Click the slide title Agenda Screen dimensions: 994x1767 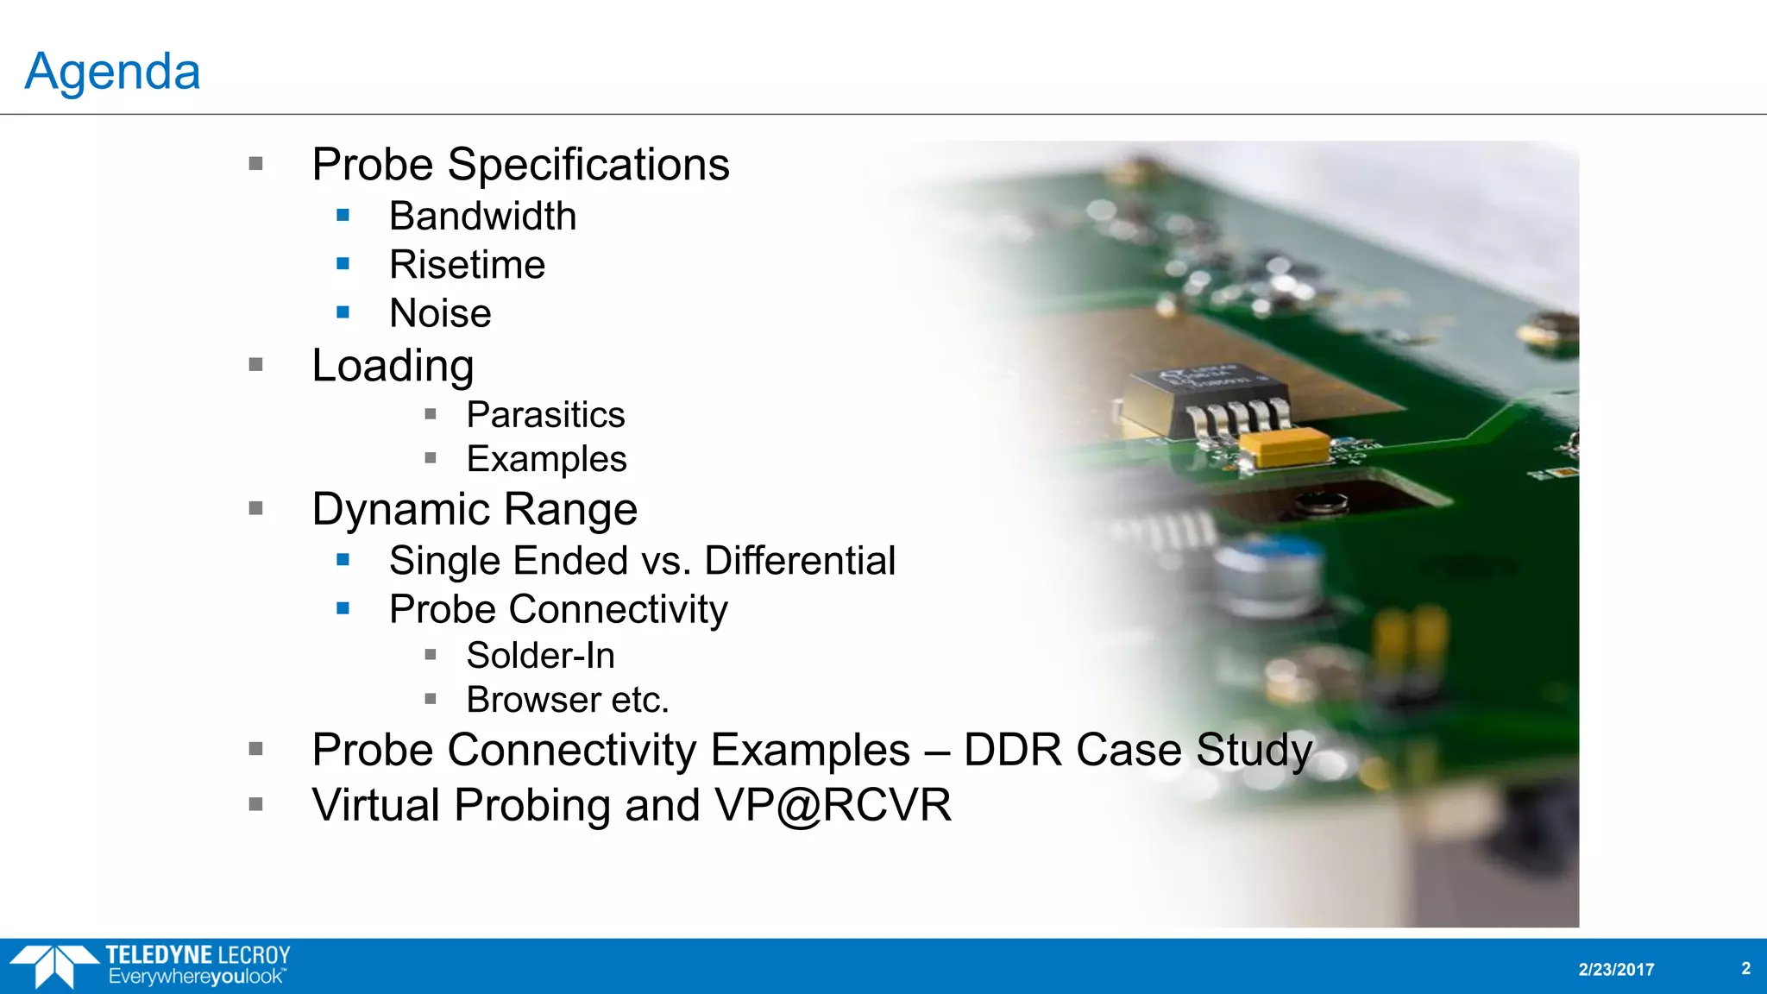tap(113, 71)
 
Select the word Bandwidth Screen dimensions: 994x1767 tap(482, 216)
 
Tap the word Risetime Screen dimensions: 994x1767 tap(467, 265)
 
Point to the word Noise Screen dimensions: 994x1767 tap(440, 313)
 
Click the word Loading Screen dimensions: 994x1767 tap(393, 366)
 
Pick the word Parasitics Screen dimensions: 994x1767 tap(545, 415)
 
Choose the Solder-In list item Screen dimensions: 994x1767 tap(540, 656)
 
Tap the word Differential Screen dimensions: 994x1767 tap(800, 561)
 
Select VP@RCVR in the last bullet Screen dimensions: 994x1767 tap(833, 805)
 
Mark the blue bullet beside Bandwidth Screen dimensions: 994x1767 tap(343, 215)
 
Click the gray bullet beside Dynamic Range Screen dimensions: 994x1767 tap(255, 508)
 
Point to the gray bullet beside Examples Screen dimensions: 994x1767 tap(431, 458)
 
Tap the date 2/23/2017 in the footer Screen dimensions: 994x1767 tap(1616, 969)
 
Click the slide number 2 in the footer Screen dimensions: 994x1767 tap(1745, 968)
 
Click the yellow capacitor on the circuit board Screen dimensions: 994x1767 tap(1284, 446)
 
